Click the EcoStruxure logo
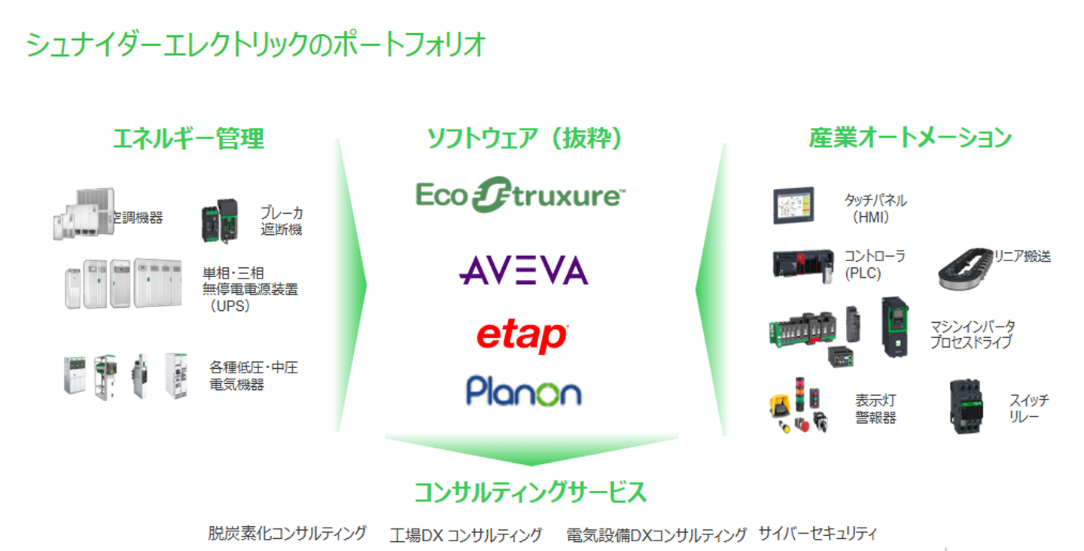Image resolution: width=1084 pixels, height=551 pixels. [521, 195]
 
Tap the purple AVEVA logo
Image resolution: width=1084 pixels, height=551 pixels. [524, 270]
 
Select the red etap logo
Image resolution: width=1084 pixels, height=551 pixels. [522, 336]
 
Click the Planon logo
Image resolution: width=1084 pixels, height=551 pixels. [524, 391]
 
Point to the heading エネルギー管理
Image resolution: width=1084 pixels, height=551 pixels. [189, 139]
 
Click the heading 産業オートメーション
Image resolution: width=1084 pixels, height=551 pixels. [910, 138]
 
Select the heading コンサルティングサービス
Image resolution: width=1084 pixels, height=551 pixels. [531, 492]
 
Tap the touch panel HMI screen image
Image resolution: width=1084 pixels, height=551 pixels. [793, 205]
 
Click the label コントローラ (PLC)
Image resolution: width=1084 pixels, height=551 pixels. [875, 265]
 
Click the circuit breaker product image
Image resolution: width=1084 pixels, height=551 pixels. [220, 220]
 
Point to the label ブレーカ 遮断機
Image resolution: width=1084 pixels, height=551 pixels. [282, 221]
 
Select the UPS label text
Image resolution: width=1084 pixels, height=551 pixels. [250, 289]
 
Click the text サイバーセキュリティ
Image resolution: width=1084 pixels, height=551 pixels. [818, 533]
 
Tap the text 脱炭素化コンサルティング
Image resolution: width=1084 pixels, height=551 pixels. [287, 533]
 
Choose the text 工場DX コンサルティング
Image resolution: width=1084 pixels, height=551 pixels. [465, 535]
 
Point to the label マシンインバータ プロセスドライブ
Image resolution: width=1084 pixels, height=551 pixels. [973, 333]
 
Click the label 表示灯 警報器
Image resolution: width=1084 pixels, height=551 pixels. [875, 409]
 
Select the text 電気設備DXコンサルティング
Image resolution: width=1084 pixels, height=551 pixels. [656, 535]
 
